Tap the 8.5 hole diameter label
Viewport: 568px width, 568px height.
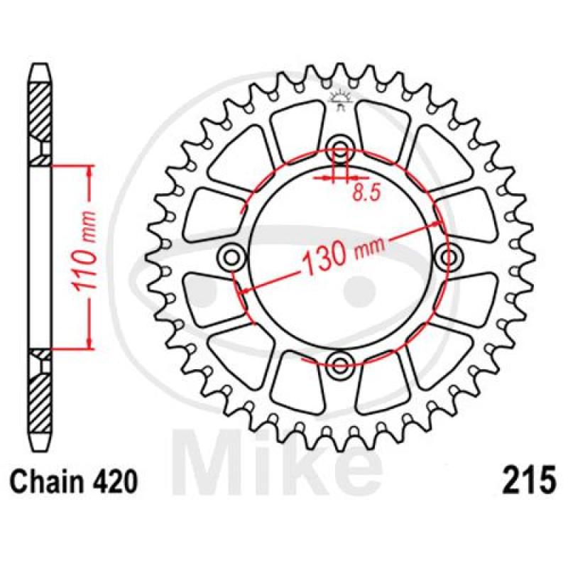click(366, 193)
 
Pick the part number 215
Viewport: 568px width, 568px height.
click(528, 480)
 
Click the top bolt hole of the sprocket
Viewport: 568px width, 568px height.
click(340, 148)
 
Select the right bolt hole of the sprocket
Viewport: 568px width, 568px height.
click(449, 258)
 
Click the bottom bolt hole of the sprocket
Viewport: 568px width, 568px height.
click(340, 364)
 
